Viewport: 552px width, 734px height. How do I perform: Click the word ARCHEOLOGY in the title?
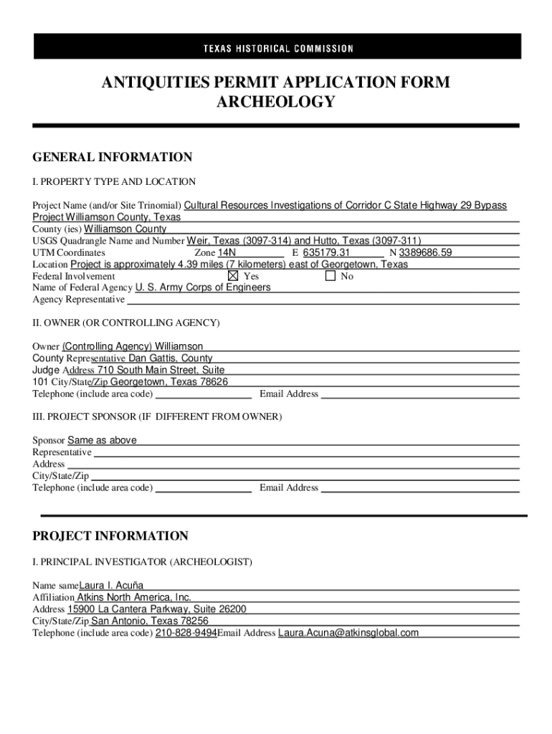pyautogui.click(x=275, y=102)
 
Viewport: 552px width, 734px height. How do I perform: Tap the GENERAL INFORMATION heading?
pyautogui.click(x=112, y=157)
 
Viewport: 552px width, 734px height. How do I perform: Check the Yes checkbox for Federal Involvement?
pyautogui.click(x=232, y=276)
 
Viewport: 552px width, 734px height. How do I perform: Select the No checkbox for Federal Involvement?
pyautogui.click(x=330, y=276)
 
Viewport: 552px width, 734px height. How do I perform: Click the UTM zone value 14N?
pyautogui.click(x=227, y=252)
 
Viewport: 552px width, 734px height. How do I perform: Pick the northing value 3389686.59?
pyautogui.click(x=427, y=252)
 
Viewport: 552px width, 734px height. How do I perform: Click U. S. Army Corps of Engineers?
pyautogui.click(x=203, y=287)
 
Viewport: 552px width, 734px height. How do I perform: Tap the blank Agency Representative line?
pyautogui.click(x=323, y=300)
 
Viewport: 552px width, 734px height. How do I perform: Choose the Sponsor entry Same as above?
pyautogui.click(x=102, y=440)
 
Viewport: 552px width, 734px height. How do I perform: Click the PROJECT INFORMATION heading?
pyautogui.click(x=110, y=536)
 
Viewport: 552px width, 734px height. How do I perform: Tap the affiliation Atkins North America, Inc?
pyautogui.click(x=134, y=597)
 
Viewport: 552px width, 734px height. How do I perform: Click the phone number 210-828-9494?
pyautogui.click(x=186, y=633)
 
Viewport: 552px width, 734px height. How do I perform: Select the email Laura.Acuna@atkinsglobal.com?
pyautogui.click(x=348, y=633)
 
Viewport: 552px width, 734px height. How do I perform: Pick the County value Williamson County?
pyautogui.click(x=125, y=229)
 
